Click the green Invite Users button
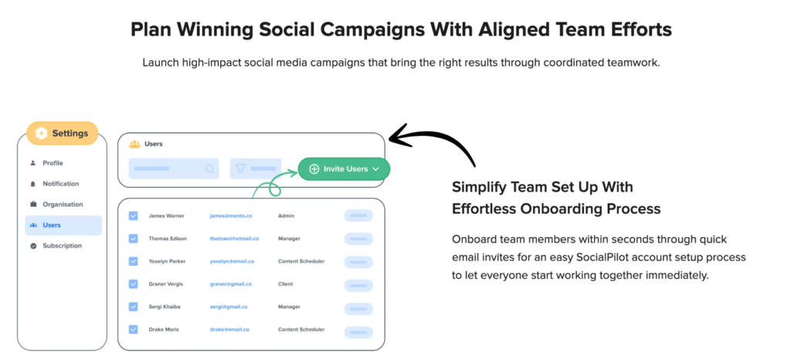344,169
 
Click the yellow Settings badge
62,133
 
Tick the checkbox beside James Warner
133,216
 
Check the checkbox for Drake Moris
133,329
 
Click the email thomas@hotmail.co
235,239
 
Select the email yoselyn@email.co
232,261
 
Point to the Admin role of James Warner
286,216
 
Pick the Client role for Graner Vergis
285,284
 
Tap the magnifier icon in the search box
210,169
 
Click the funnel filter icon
240,168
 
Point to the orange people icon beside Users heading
134,144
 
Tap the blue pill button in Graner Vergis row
358,285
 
